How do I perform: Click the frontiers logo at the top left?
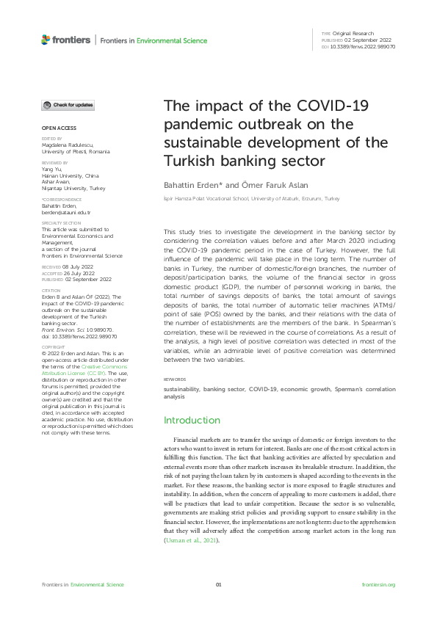coord(66,40)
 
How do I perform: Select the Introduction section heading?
coord(192,421)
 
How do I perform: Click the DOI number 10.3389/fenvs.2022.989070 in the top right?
coord(364,46)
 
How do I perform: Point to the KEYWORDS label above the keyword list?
coord(175,379)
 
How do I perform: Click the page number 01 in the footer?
coord(218,584)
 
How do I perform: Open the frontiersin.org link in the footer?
coord(379,584)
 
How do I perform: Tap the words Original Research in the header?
coord(354,34)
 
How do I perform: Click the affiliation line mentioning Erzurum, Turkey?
coord(250,199)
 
